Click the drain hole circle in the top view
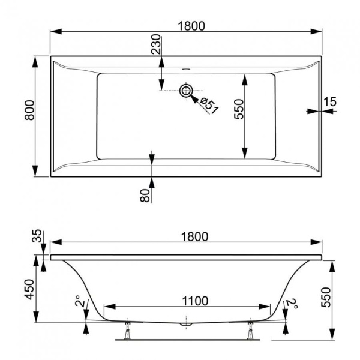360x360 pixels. coord(186,91)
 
